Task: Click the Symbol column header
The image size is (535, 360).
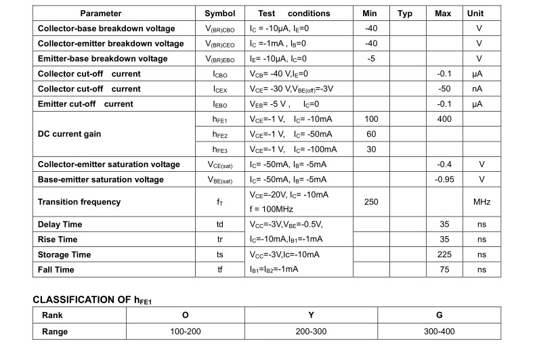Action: coord(220,14)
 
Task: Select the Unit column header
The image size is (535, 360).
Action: coord(475,14)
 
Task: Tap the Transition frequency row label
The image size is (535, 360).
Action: coord(79,202)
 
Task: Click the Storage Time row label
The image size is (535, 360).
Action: coord(64,254)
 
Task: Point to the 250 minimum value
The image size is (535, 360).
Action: coord(371,202)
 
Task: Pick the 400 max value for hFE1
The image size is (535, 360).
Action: coord(443,119)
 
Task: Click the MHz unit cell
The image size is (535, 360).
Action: coord(481,202)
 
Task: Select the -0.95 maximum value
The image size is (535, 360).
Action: coord(443,179)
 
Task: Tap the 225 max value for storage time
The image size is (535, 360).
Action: coord(444,254)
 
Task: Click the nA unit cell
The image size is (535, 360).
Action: coord(477,89)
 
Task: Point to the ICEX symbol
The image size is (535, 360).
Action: coord(220,89)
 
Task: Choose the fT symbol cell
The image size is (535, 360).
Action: coord(220,202)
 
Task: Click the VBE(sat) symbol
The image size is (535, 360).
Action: coord(220,180)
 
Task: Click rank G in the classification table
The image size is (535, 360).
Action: coord(440,315)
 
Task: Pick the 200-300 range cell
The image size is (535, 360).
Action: coord(311,332)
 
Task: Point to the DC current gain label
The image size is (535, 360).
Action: coord(69,134)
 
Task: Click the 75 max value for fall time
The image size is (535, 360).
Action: coord(444,269)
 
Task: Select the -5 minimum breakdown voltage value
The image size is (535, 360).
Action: coord(371,59)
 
